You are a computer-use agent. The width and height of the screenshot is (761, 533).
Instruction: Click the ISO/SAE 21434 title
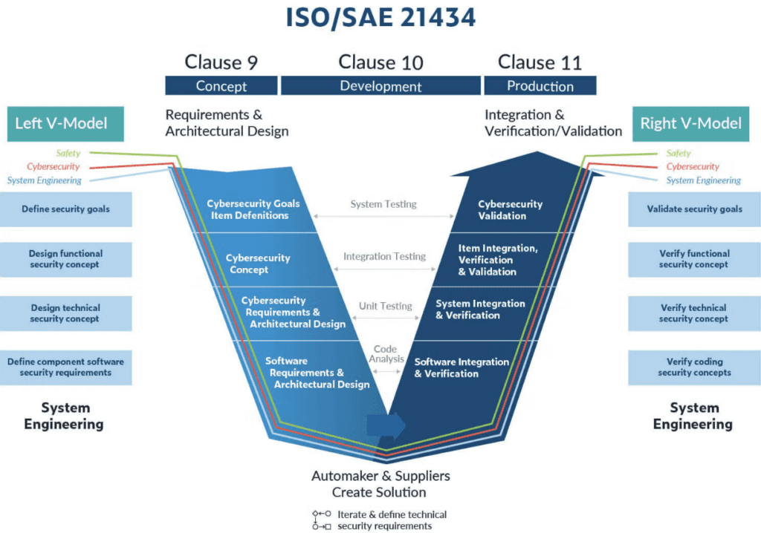(x=380, y=18)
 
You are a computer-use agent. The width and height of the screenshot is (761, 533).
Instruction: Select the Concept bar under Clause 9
(x=221, y=86)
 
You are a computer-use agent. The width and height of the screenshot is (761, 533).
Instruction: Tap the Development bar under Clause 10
(x=380, y=86)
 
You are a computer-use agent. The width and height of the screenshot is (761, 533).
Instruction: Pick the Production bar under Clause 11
(x=540, y=86)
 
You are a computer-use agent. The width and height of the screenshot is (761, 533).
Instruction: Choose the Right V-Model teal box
(x=691, y=123)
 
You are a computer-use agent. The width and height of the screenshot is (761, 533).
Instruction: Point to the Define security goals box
(x=66, y=209)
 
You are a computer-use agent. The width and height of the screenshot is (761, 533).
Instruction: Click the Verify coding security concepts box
(x=694, y=367)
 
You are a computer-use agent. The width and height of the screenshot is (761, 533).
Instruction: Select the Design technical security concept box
(x=66, y=313)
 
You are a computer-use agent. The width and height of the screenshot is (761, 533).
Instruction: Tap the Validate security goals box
(x=694, y=209)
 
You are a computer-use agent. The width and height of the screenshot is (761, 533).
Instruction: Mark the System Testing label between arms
(x=383, y=204)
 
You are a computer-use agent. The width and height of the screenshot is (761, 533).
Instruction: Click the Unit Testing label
(x=385, y=306)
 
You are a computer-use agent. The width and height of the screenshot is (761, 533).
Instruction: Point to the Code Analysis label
(x=385, y=354)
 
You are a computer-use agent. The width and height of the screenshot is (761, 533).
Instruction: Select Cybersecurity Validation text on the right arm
(x=510, y=210)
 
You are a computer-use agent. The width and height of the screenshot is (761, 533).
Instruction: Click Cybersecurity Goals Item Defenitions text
(x=253, y=209)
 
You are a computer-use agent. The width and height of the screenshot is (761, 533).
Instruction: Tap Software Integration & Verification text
(x=462, y=367)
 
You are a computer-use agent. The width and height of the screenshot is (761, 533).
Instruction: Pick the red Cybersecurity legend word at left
(x=54, y=167)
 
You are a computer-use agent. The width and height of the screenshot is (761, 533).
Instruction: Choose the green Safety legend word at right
(x=679, y=154)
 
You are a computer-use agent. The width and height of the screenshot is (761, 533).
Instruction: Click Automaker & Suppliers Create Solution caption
(x=380, y=484)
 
